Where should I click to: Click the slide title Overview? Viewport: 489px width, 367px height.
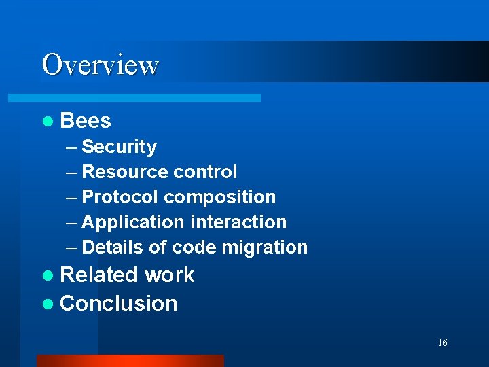pyautogui.click(x=101, y=65)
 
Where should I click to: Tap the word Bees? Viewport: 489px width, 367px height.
pyautogui.click(x=86, y=121)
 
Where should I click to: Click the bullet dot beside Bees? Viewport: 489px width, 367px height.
pyautogui.click(x=47, y=122)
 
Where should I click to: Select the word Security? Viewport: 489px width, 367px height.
pyautogui.click(x=119, y=147)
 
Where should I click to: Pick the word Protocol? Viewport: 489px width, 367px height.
pyautogui.click(x=120, y=197)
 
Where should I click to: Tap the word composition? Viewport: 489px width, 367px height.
pyautogui.click(x=220, y=198)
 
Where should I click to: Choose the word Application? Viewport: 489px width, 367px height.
pyautogui.click(x=132, y=222)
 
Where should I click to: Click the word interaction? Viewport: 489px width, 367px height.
pyautogui.click(x=238, y=222)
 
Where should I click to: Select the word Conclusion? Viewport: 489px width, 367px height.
pyautogui.click(x=119, y=304)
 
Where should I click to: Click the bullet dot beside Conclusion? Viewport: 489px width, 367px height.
pyautogui.click(x=47, y=304)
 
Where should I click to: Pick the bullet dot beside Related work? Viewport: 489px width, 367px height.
pyautogui.click(x=47, y=275)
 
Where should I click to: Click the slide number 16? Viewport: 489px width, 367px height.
pyautogui.click(x=442, y=343)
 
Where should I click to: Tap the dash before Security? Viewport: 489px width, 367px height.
pyautogui.click(x=72, y=147)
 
